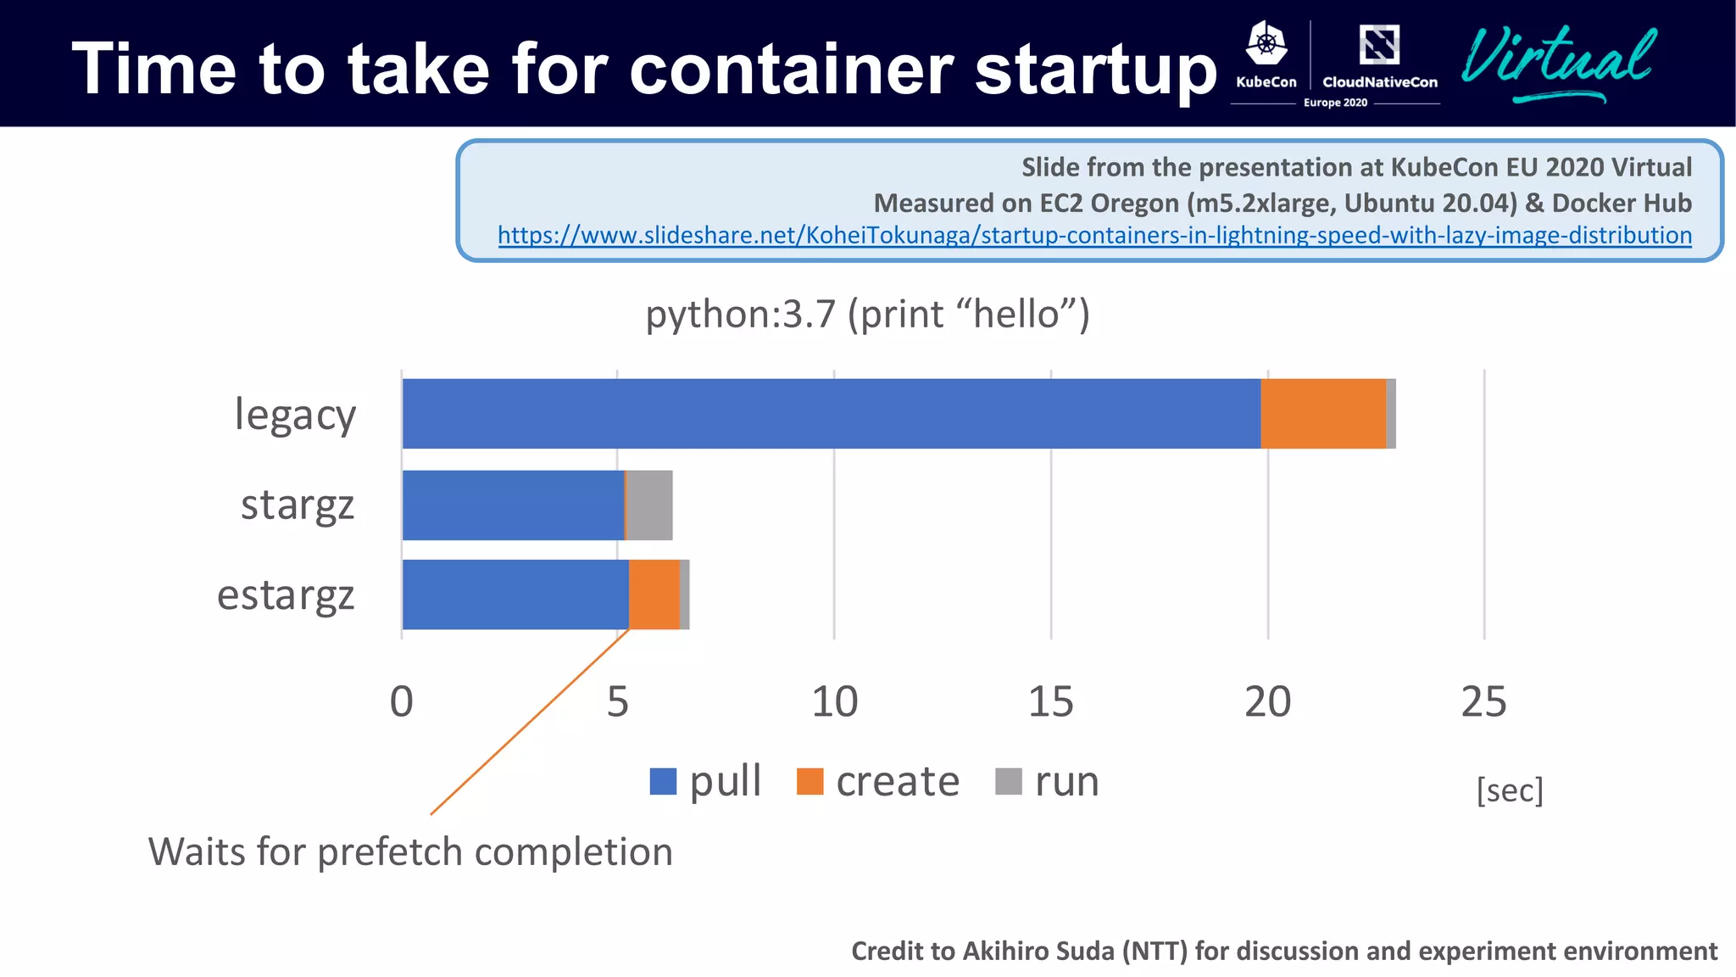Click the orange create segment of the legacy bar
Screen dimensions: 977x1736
(1322, 414)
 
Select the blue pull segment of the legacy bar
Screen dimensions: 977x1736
(831, 414)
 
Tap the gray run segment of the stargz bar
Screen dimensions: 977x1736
(649, 505)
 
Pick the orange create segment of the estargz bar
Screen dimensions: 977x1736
(654, 595)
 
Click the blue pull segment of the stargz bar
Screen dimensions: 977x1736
(513, 505)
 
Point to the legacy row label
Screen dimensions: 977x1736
(295, 416)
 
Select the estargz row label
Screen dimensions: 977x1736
(286, 595)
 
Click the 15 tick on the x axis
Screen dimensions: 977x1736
(1050, 702)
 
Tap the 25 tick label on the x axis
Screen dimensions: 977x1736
(1483, 702)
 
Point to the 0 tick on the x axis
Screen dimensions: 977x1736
(402, 702)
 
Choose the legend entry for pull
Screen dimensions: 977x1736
(705, 781)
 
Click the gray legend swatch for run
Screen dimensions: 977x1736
(1009, 781)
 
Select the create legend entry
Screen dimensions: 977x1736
(878, 781)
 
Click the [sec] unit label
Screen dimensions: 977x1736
(1510, 790)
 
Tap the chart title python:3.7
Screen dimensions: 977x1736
(867, 315)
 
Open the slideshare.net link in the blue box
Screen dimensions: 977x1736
(1094, 235)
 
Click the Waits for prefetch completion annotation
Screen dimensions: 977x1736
(410, 851)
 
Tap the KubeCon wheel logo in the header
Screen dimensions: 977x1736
(1266, 44)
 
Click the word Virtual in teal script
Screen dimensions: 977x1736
(1558, 59)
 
